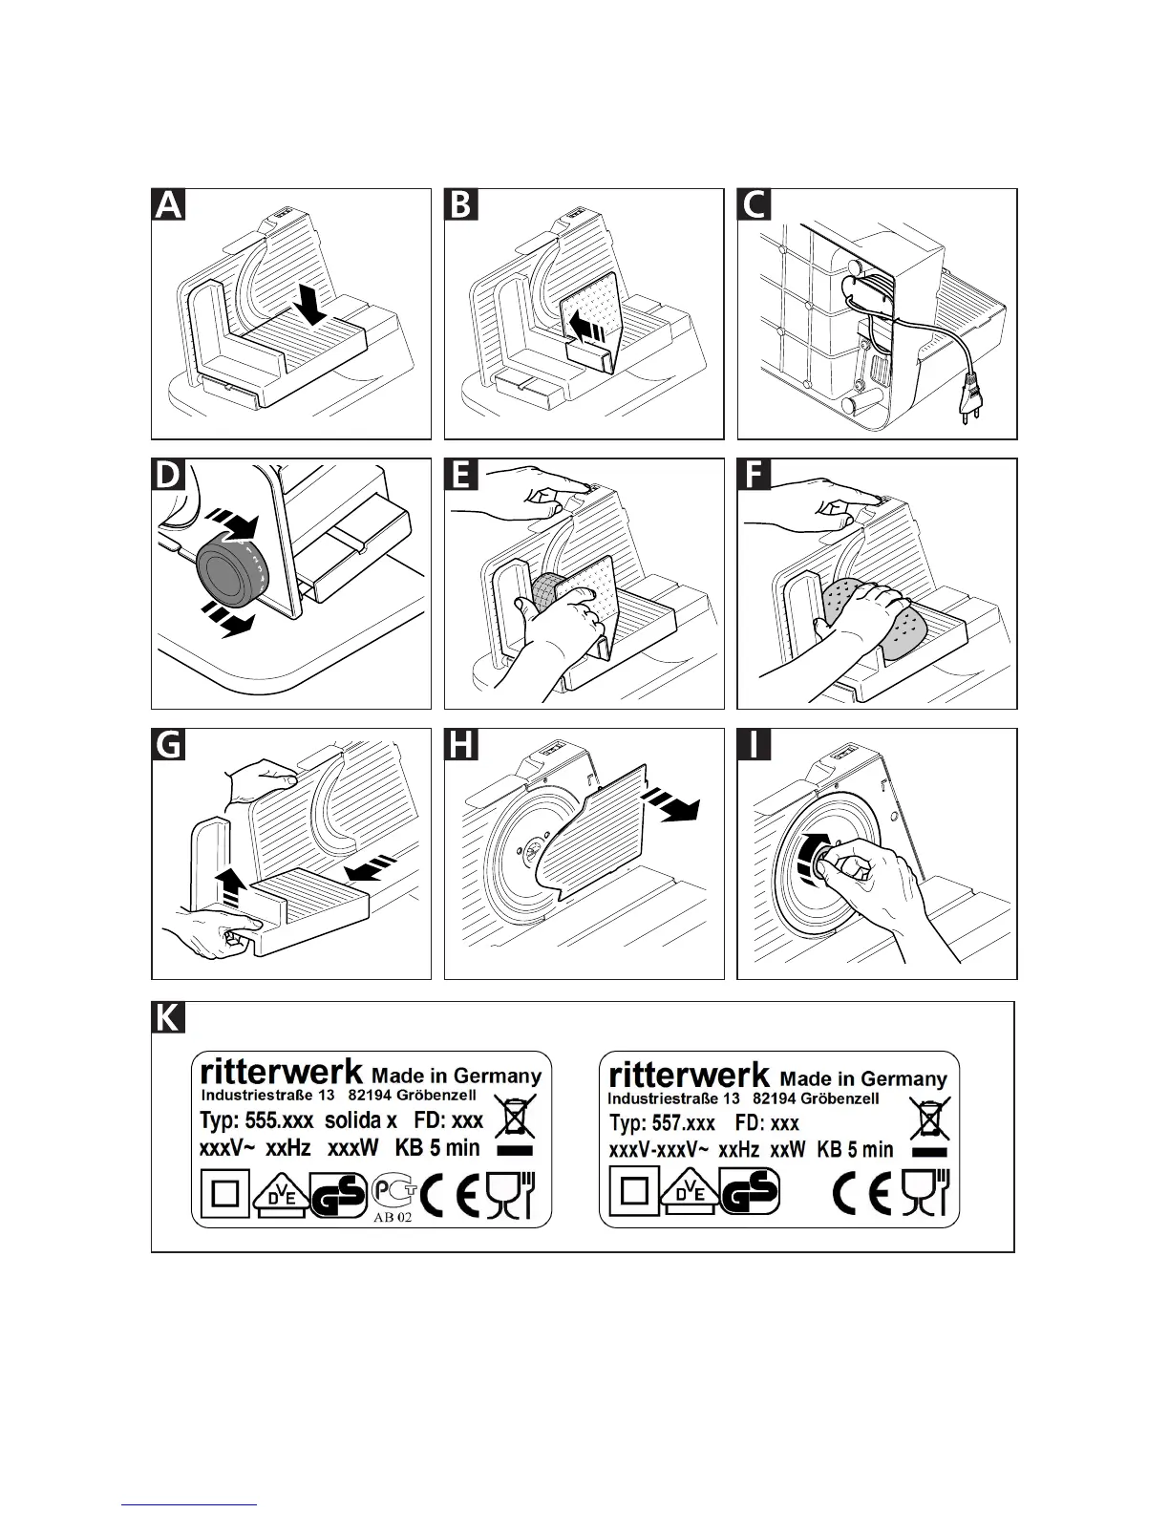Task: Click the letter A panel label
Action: [169, 205]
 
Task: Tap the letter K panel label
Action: [168, 1018]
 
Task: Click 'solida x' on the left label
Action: [360, 1119]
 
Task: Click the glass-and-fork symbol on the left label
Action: [512, 1194]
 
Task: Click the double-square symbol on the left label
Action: [223, 1194]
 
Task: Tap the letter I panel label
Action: [755, 745]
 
